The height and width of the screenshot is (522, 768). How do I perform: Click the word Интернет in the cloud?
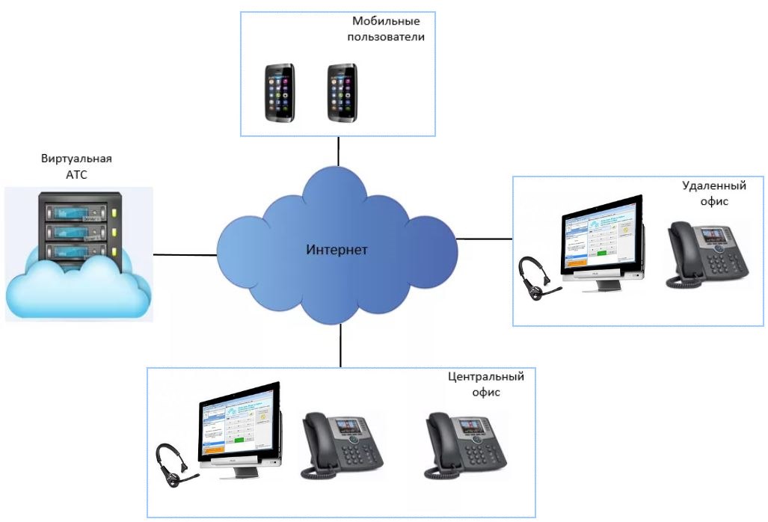337,249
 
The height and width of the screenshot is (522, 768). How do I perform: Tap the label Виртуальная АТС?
78,166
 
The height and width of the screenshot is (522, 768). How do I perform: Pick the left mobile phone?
280,93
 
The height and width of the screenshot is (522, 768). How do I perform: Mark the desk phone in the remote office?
707,255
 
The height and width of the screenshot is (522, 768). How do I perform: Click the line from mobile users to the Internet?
339,150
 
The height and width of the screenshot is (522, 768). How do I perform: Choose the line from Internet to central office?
340,346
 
